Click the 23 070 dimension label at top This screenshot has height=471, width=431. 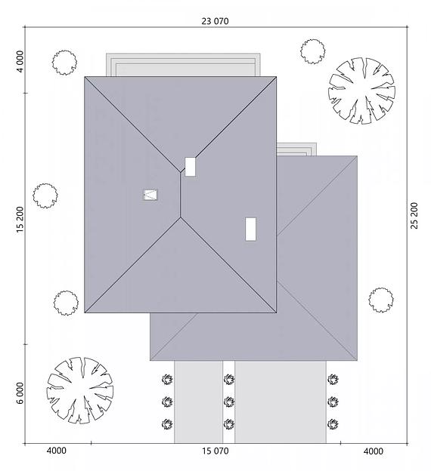click(x=215, y=21)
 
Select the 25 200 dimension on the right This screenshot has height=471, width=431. click(x=414, y=215)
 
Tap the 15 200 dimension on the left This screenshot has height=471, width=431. click(x=20, y=220)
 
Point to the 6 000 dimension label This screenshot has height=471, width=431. click(x=20, y=393)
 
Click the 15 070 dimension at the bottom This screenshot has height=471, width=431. click(x=215, y=451)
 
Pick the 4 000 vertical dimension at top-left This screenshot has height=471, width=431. click(x=20, y=61)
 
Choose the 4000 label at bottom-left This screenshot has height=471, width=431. click(x=57, y=451)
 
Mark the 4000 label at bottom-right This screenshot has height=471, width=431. click(x=374, y=451)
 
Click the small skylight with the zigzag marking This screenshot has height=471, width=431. click(x=150, y=195)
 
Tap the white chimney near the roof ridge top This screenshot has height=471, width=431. click(x=190, y=167)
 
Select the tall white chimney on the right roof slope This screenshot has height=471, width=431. click(x=250, y=229)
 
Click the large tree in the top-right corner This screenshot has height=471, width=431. click(x=361, y=91)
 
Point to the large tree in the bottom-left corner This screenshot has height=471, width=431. click(x=80, y=390)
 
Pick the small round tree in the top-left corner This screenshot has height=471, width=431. click(x=64, y=63)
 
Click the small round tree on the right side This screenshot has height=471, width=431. click(x=381, y=300)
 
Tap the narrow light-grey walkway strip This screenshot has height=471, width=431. click(x=198, y=402)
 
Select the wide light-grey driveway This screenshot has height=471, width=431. click(x=281, y=402)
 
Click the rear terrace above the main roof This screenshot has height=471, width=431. click(x=183, y=65)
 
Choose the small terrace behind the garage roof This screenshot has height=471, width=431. click(x=296, y=149)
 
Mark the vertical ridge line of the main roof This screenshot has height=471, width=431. click(x=180, y=195)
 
